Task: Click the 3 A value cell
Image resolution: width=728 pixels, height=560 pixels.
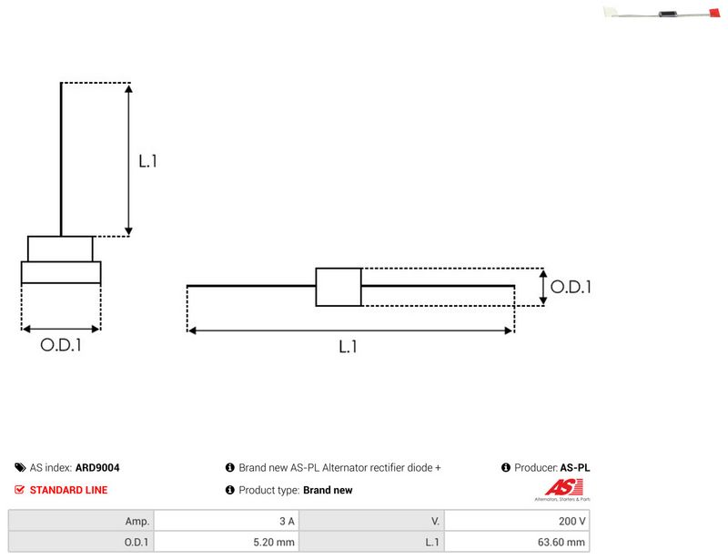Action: (x=227, y=521)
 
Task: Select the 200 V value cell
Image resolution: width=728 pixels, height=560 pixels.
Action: (x=517, y=521)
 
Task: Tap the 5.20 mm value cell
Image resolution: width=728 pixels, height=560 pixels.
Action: (x=227, y=542)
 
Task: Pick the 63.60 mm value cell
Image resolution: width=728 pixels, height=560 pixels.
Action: (x=517, y=542)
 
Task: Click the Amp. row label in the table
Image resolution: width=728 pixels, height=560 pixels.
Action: (x=81, y=521)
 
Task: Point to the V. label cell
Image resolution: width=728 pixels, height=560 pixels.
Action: (x=371, y=521)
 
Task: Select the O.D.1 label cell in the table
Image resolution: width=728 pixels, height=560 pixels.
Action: (x=81, y=542)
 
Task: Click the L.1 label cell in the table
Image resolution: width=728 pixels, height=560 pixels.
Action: (x=371, y=542)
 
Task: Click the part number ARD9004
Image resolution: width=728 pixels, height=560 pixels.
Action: (x=97, y=467)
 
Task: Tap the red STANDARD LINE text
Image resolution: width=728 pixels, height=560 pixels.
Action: (x=69, y=490)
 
